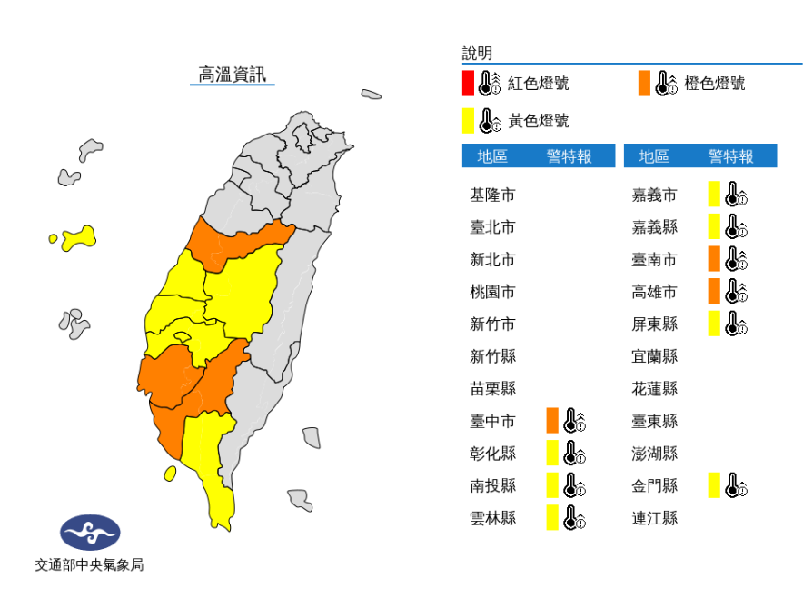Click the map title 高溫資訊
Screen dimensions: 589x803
tap(233, 75)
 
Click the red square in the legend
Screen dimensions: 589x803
tap(467, 84)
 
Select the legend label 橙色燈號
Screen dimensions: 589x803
tap(715, 84)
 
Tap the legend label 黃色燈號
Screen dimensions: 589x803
tap(538, 120)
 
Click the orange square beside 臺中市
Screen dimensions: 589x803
tap(551, 421)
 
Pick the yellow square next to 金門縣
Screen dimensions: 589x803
tap(714, 485)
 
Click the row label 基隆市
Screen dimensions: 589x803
tap(492, 195)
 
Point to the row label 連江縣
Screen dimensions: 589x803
tap(654, 518)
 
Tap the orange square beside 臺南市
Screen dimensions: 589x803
tap(714, 259)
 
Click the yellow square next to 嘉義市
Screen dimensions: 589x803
tap(714, 195)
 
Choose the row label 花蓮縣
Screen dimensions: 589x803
tap(654, 389)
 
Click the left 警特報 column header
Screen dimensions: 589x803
tap(569, 156)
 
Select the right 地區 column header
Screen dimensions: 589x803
tap(654, 156)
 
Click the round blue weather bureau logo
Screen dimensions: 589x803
tap(90, 533)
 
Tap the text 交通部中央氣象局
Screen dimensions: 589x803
tap(89, 565)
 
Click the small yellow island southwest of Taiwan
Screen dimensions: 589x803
tap(170, 474)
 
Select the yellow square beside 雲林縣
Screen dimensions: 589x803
tap(551, 518)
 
